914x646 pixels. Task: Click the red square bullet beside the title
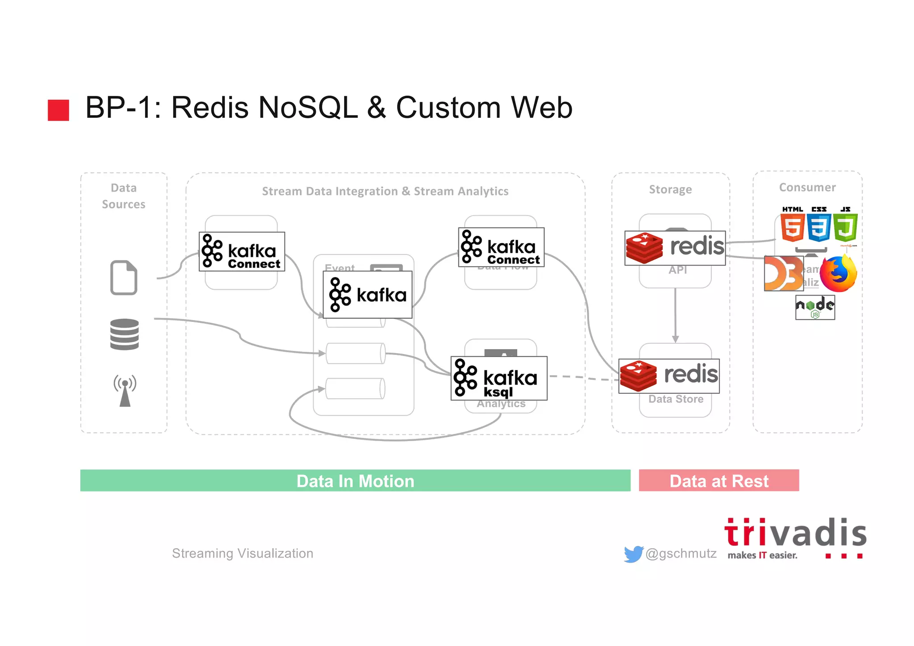pyautogui.click(x=58, y=110)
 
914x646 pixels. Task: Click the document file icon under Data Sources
pyautogui.click(x=124, y=277)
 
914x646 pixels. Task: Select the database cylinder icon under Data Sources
pyautogui.click(x=125, y=334)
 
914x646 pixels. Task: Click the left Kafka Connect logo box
pyautogui.click(x=242, y=252)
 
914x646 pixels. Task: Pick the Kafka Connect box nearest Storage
pyautogui.click(x=501, y=247)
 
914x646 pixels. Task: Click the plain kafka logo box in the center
pyautogui.click(x=367, y=295)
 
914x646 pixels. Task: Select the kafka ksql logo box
pyautogui.click(x=499, y=378)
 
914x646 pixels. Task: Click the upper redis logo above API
pyautogui.click(x=675, y=248)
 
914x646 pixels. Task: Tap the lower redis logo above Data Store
pyautogui.click(x=669, y=376)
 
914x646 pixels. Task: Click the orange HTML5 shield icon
pyautogui.click(x=793, y=227)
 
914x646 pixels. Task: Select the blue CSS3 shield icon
pyautogui.click(x=818, y=227)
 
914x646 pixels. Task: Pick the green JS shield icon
pyautogui.click(x=845, y=227)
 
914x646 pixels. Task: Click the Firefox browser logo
pyautogui.click(x=839, y=274)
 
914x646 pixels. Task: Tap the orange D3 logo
pyautogui.click(x=783, y=273)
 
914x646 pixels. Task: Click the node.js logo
pyautogui.click(x=815, y=307)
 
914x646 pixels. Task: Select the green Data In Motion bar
pyautogui.click(x=355, y=480)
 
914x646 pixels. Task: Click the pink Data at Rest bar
pyautogui.click(x=719, y=480)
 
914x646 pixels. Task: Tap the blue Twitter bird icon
pyautogui.click(x=633, y=554)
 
